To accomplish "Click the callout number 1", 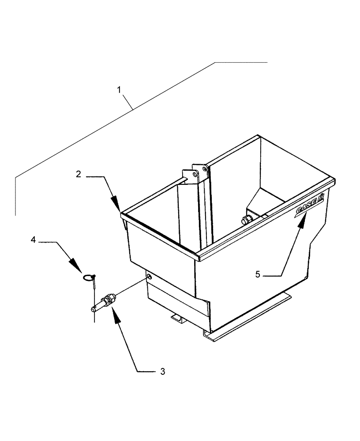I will pos(119,90).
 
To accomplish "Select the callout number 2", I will pos(78,174).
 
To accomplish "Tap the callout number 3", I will pos(162,372).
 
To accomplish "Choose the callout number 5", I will pos(257,274).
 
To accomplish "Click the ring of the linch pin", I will pos(89,277).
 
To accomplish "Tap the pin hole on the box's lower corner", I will pos(149,277).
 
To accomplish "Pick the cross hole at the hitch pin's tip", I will pos(94,309).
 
